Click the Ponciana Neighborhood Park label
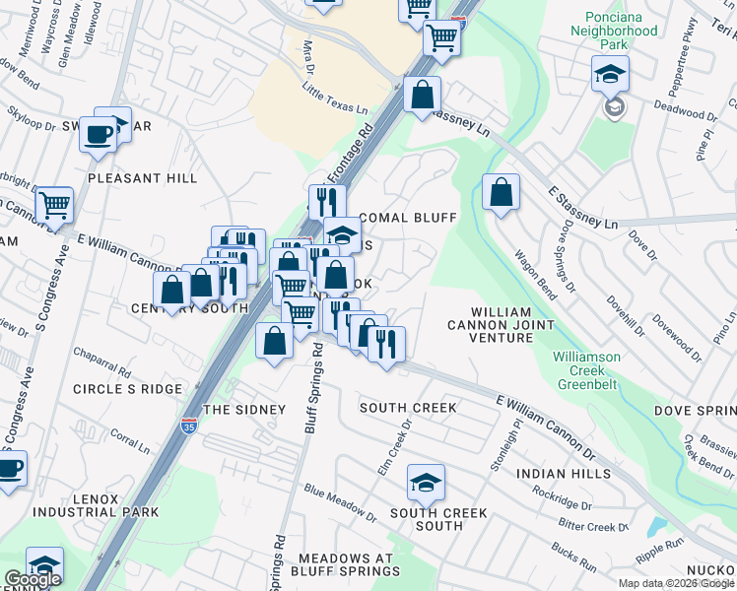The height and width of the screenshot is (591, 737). [620, 24]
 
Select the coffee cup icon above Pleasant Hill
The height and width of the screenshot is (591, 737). [98, 134]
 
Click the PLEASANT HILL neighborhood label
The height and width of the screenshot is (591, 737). [142, 178]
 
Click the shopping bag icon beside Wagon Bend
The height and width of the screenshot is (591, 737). [501, 192]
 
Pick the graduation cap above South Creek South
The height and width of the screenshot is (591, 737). [426, 483]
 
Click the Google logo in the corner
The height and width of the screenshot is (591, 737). [33, 579]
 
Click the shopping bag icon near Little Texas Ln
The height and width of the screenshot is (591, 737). [421, 98]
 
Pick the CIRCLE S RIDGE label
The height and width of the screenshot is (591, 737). [127, 389]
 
